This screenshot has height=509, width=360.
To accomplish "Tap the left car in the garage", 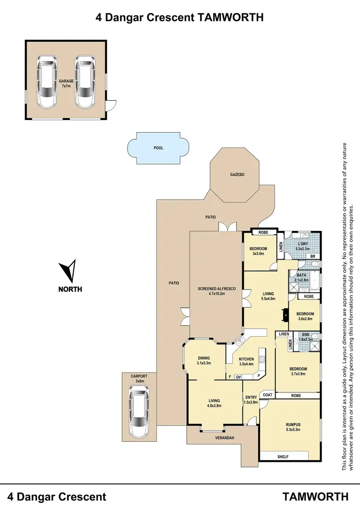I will coord(48,81).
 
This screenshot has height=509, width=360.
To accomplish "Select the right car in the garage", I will coord(85,81).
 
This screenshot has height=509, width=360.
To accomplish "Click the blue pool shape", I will coord(158,148).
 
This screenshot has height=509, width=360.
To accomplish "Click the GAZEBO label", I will coord(237,175).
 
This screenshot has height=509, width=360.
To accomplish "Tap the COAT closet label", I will coord(267,395).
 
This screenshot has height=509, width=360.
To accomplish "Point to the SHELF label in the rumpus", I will coord(283,457).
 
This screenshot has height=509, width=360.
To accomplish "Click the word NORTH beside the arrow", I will coord(70,290).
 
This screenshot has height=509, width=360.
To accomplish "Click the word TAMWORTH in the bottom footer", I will coord(315,496).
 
